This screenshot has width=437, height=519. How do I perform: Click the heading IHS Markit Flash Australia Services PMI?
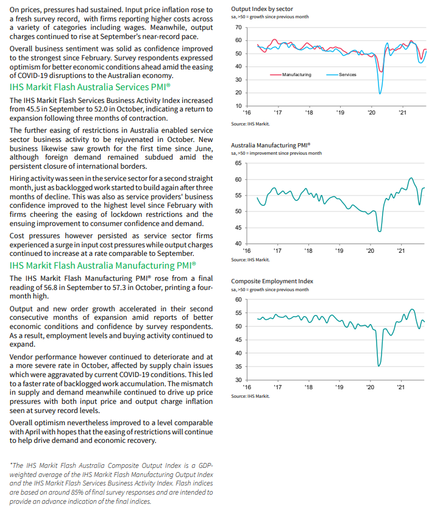click(90, 87)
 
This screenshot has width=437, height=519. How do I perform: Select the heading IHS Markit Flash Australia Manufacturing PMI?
click(103, 266)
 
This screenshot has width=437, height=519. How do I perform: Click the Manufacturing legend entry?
click(296, 74)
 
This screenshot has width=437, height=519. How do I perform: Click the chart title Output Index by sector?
click(262, 9)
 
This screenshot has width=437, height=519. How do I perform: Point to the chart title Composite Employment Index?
click(272, 281)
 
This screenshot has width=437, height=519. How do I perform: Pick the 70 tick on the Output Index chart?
click(238, 28)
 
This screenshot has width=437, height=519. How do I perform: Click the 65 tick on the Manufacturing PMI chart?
click(238, 163)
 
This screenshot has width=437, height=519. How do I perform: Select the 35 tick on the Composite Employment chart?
click(238, 367)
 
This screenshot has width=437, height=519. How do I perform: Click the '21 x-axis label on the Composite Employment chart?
click(401, 387)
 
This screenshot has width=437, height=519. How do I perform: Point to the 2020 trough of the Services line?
click(380, 93)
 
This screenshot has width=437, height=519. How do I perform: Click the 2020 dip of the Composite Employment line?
click(379, 365)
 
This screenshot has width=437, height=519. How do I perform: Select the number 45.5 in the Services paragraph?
click(34, 110)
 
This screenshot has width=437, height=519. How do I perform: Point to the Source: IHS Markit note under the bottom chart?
click(250, 396)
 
